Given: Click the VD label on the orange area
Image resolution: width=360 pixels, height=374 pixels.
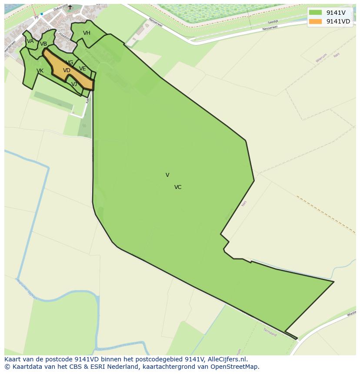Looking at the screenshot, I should [x=67, y=70].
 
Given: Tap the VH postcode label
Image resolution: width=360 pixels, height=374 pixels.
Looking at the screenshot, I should [x=87, y=33].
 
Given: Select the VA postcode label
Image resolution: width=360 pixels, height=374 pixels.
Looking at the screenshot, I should [x=30, y=41].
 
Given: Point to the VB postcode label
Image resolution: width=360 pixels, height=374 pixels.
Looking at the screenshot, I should [x=43, y=44].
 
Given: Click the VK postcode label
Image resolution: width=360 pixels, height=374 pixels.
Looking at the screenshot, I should [x=40, y=71].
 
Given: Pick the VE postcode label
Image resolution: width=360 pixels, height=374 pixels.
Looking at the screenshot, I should [x=83, y=69].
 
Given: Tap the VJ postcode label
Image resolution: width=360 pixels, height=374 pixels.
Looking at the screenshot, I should [x=74, y=84].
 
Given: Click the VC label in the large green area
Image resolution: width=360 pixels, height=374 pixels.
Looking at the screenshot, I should [x=178, y=187].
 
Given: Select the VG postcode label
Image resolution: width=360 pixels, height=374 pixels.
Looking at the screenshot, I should [x=70, y=63].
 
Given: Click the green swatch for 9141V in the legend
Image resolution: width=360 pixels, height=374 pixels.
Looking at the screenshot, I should [x=315, y=12].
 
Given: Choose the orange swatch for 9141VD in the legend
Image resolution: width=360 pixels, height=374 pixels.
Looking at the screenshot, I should [x=315, y=22].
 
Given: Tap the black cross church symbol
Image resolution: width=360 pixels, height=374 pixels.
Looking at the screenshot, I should [x=70, y=7].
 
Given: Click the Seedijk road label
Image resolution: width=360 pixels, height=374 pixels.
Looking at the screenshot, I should [x=273, y=21].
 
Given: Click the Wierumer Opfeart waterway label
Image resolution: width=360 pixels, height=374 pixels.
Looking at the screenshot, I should [x=27, y=289].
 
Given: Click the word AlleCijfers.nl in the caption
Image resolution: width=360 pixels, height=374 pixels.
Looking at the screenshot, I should [x=227, y=359].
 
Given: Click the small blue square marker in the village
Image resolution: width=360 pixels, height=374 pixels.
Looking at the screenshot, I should [x=42, y=14].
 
